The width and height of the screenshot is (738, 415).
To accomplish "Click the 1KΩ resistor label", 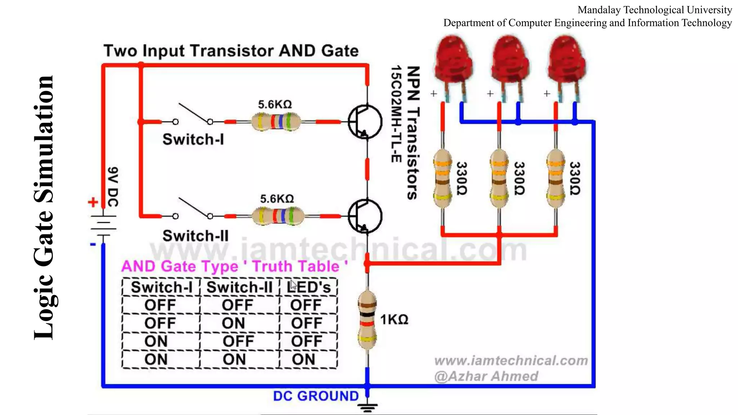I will point(394,320).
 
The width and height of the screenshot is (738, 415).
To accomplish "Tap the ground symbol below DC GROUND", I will point(368,407).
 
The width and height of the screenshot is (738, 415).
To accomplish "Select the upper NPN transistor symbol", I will point(365,122).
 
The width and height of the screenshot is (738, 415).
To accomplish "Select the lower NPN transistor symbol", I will point(365,216).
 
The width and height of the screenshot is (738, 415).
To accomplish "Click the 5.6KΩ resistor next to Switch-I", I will point(276,122).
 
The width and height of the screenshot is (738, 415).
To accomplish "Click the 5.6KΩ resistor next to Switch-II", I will point(277,216).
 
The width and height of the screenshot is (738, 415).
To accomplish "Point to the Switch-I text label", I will point(193,139).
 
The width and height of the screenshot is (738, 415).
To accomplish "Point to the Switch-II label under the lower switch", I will point(195,236).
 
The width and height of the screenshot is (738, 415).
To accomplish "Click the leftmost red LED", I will point(453,61).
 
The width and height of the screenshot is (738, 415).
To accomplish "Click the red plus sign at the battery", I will point(93,202).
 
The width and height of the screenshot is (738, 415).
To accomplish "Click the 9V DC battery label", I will point(113,186).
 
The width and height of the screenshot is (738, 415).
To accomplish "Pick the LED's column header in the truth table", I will point(308,287).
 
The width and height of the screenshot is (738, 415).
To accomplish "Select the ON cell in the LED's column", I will point(303,359).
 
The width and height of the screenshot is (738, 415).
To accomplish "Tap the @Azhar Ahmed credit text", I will point(486,376).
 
